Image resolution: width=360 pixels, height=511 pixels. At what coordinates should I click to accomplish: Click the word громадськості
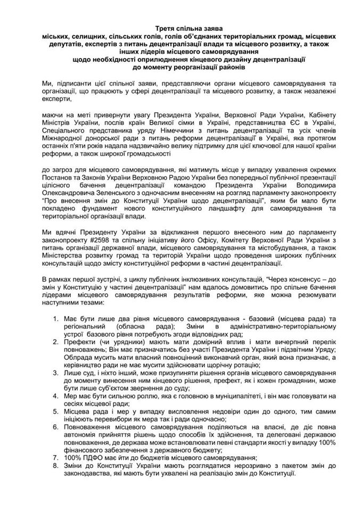[150, 149]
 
